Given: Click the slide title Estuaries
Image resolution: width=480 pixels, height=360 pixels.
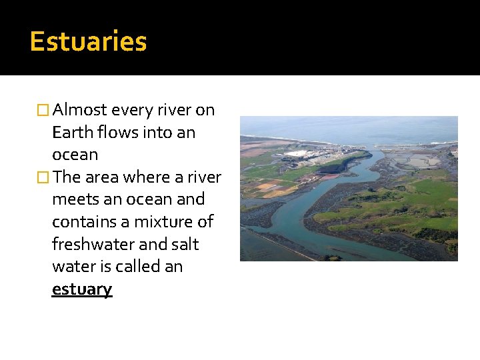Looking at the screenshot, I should [88, 41].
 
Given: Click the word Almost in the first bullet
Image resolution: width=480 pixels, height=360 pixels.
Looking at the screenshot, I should [81, 109].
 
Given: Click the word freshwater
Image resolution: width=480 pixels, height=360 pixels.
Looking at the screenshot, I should [91, 244].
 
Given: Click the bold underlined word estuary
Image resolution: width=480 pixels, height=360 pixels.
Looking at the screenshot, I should [82, 289].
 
